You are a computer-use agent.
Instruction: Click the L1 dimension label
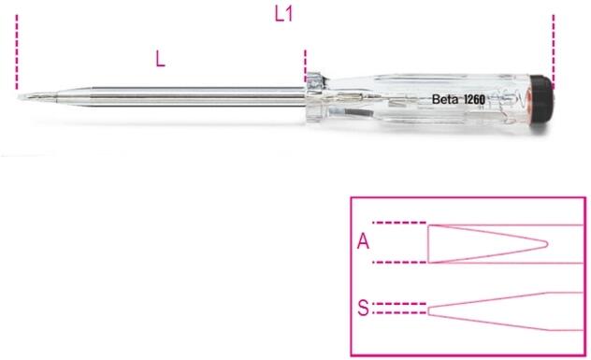coord(283,15)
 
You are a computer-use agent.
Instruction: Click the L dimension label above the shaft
coord(160,59)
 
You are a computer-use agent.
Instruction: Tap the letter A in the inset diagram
coord(363,241)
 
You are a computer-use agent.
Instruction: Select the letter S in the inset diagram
coord(363,308)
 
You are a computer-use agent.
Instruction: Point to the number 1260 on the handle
coord(474,99)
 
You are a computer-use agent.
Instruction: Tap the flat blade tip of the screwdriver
coord(23,97)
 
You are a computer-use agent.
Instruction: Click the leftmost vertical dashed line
coord(17,52)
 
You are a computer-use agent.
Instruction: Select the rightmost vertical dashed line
coord(554,51)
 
